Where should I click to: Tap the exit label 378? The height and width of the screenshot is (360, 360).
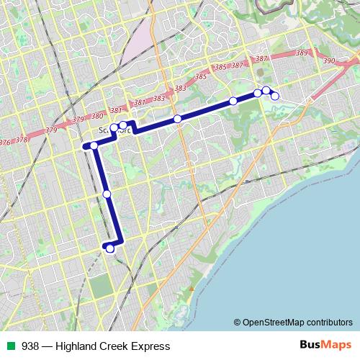22,140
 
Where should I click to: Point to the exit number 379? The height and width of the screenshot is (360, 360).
50,130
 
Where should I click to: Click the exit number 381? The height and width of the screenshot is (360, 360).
140,102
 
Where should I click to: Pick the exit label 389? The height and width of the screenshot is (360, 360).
302,53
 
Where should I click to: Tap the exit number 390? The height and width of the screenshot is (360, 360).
329,61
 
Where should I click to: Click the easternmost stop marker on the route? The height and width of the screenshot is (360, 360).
274,96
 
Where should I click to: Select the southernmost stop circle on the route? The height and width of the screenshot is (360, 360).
110,248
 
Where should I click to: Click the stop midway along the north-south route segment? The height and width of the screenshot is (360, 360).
107,194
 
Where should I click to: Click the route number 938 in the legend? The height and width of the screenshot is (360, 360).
31,346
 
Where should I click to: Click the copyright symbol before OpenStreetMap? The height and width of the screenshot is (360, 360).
238,322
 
